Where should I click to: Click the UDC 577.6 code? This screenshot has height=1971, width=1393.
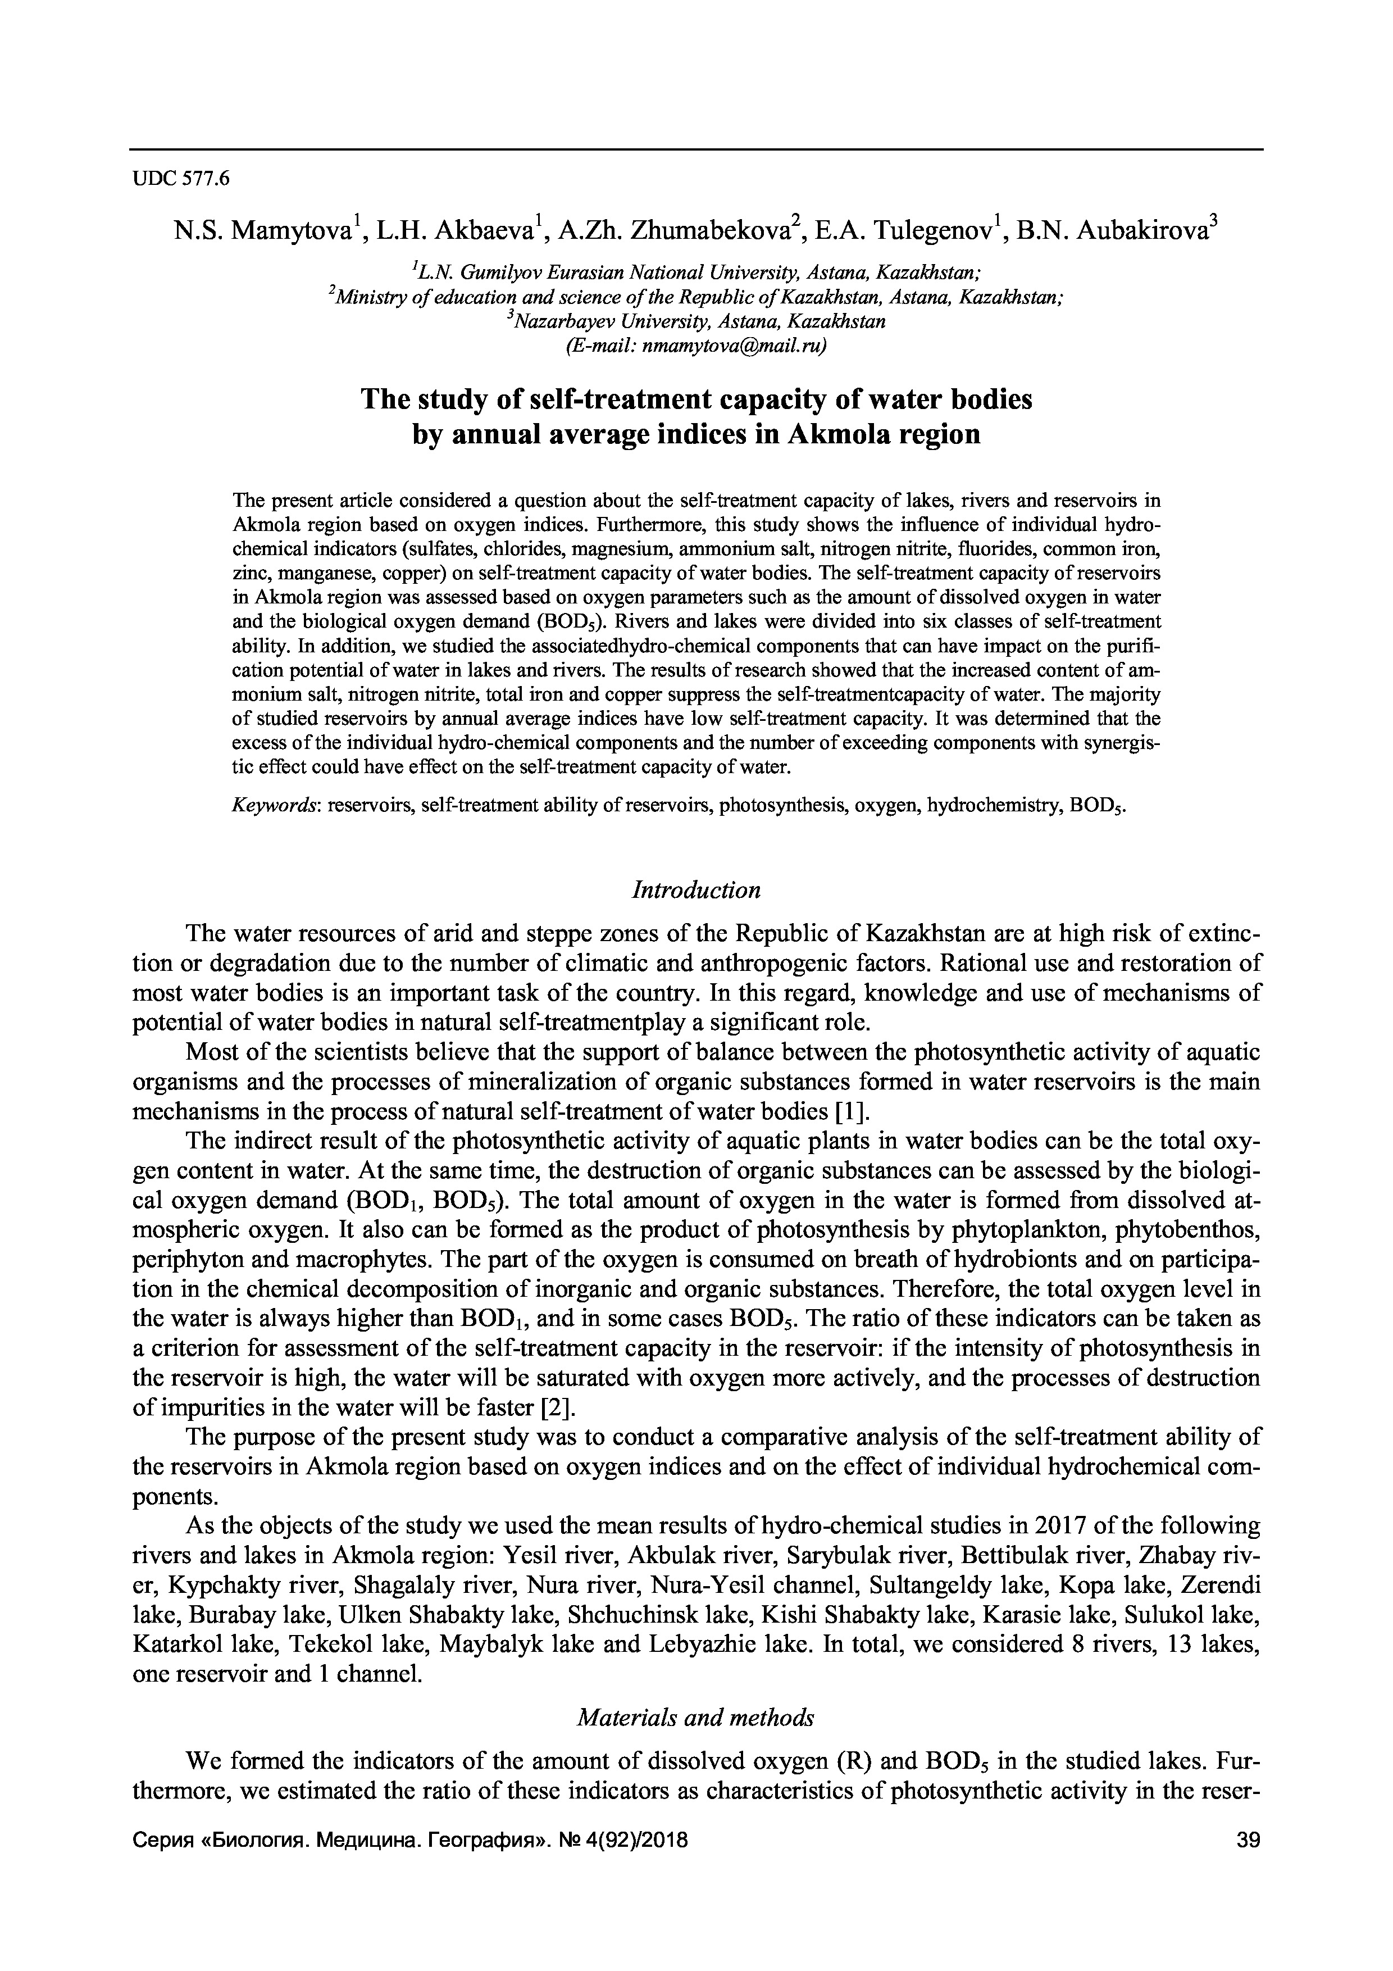pos(181,179)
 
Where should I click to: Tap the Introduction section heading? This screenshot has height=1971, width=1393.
pos(696,890)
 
